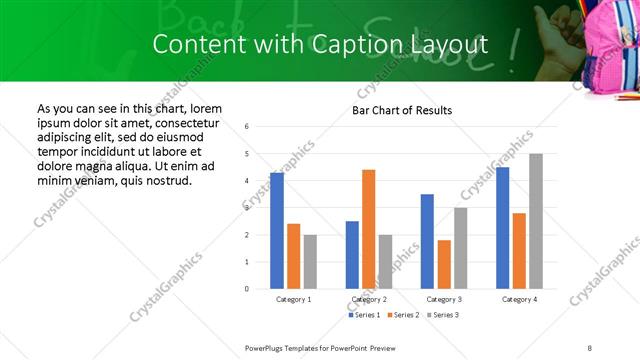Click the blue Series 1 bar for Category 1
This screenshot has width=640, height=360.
coord(277,231)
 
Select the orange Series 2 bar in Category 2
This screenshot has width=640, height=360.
coord(368,229)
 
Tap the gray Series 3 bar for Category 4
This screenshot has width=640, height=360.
coord(536,221)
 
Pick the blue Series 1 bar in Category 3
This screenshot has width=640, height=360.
coord(427,241)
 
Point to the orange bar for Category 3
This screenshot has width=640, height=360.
coord(444,264)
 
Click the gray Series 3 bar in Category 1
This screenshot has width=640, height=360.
coord(310,262)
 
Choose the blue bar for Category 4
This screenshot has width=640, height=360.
coord(503,228)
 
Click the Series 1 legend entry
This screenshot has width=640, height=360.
coord(362,315)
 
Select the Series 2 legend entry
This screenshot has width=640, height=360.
coord(402,315)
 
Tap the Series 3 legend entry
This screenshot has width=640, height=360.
coord(442,315)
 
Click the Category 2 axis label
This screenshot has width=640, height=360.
coord(369,299)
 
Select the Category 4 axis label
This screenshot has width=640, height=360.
coord(519,299)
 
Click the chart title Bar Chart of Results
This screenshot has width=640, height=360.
coord(402,110)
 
